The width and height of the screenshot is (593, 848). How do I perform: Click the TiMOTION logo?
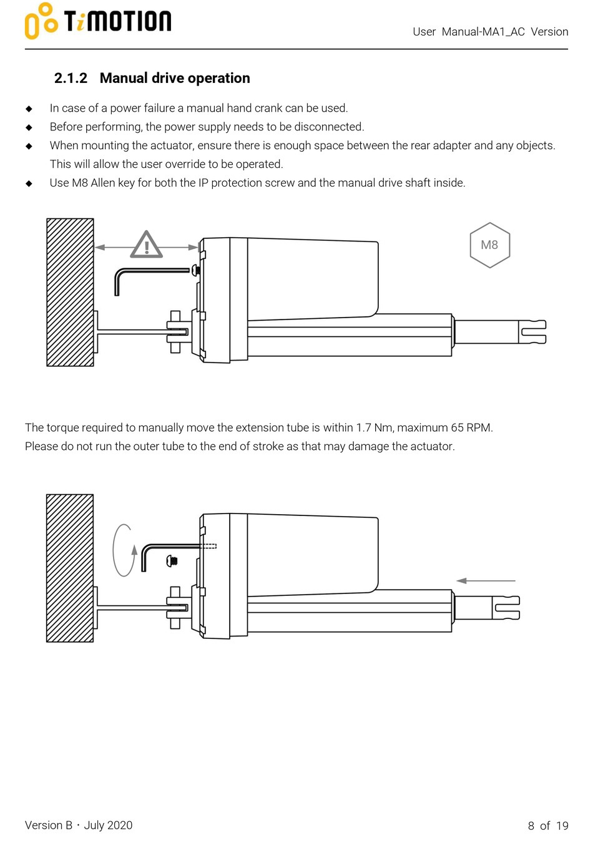(98, 21)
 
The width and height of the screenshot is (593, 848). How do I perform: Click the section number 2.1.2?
(71, 78)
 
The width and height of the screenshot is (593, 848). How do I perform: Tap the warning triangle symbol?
(146, 245)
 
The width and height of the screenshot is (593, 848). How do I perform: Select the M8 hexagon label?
(489, 245)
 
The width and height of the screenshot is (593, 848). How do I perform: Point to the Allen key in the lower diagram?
(165, 549)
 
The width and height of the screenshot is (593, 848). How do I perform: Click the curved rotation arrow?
(124, 550)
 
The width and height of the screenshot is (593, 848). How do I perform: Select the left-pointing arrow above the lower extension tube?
(486, 580)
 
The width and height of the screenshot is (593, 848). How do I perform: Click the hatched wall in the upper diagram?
(70, 292)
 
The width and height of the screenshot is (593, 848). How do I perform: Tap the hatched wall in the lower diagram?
(70, 568)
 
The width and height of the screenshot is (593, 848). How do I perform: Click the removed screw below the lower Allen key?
(173, 562)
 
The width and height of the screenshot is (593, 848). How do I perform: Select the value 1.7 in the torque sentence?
(363, 428)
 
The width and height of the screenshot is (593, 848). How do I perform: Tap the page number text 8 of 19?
(548, 826)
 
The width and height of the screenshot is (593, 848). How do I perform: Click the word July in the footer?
(94, 825)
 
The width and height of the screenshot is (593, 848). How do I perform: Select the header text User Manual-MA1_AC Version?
(490, 32)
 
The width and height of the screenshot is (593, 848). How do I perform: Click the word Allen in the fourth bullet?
(103, 183)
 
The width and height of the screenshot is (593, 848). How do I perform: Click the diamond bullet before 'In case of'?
(29, 109)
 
